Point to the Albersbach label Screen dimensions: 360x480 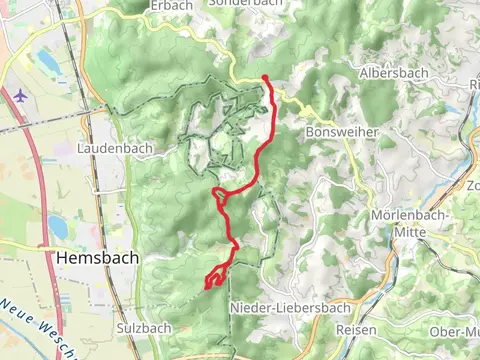pos(393,74)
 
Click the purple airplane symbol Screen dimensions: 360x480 pos(21,95)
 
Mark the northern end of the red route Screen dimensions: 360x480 pos(265,78)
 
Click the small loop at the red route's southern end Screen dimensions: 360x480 pos(214,282)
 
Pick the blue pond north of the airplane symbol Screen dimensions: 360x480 pos(49,62)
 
